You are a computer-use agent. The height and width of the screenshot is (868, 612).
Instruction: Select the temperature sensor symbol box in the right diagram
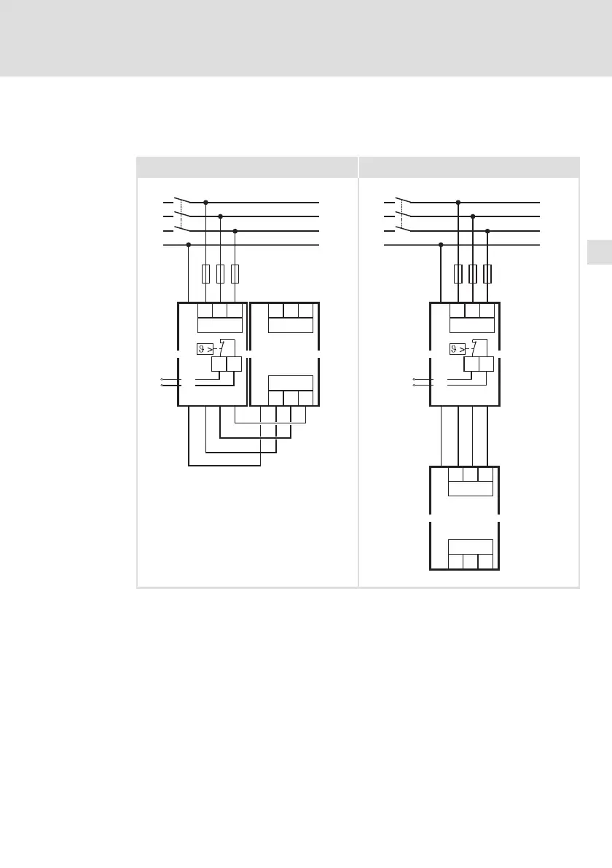pyautogui.click(x=457, y=349)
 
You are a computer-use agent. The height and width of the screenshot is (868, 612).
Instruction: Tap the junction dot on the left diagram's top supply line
pyautogui.click(x=205, y=202)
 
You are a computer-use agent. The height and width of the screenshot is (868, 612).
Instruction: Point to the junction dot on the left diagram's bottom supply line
pyautogui.click(x=189, y=245)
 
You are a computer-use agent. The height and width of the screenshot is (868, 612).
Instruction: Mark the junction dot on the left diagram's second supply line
pyautogui.click(x=220, y=216)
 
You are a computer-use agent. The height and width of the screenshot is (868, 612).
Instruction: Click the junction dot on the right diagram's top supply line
pyautogui.click(x=458, y=202)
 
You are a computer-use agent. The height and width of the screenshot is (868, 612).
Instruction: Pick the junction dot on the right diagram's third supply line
pyautogui.click(x=487, y=231)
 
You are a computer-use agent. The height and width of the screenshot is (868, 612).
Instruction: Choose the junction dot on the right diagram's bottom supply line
pyautogui.click(x=441, y=245)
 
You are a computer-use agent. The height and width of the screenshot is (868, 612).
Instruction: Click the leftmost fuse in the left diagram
pyautogui.click(x=205, y=274)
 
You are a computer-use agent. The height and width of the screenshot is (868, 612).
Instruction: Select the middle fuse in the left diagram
pyautogui.click(x=220, y=274)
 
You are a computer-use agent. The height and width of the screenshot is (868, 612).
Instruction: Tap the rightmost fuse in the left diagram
pyautogui.click(x=235, y=274)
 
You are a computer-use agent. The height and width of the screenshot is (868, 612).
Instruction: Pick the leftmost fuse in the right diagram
pyautogui.click(x=458, y=274)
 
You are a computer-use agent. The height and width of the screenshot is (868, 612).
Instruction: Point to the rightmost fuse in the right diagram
pyautogui.click(x=487, y=274)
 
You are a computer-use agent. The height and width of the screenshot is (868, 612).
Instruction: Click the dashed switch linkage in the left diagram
pyautogui.click(x=181, y=216)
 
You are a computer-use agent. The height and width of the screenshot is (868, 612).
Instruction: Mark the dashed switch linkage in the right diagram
pyautogui.click(x=401, y=216)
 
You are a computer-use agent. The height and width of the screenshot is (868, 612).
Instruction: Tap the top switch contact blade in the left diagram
pyautogui.click(x=184, y=199)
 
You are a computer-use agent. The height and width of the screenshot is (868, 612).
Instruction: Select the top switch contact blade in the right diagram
pyautogui.click(x=404, y=199)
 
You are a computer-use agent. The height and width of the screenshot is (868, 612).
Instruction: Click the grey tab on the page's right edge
pyautogui.click(x=598, y=252)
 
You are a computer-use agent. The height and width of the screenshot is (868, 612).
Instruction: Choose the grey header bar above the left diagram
pyautogui.click(x=247, y=167)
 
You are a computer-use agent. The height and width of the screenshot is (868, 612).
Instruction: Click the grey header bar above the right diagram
pyautogui.click(x=469, y=167)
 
